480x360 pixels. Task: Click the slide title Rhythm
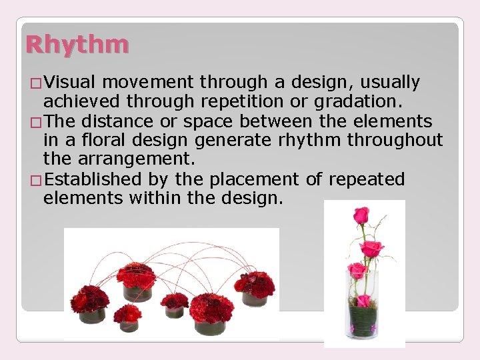pos(77,45)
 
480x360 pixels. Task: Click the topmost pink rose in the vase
pos(361,216)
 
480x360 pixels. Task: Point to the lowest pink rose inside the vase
pos(363,300)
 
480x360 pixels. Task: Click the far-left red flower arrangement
pos(90,301)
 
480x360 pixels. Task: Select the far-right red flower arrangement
pos(254,287)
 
